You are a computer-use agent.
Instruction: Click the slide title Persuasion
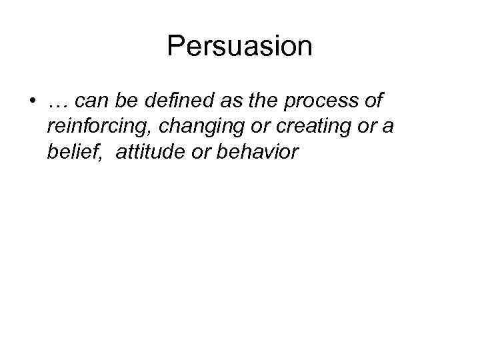point(240,46)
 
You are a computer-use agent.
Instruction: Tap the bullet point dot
point(33,102)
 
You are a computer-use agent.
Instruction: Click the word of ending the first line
point(374,101)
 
